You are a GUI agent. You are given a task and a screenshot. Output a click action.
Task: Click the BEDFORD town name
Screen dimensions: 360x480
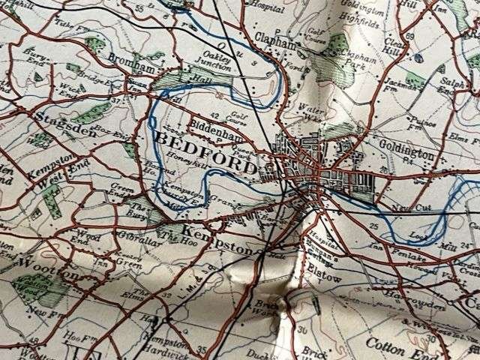click(x=205, y=148)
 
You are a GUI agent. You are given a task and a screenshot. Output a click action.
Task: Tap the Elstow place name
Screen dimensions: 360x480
click(x=324, y=277)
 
